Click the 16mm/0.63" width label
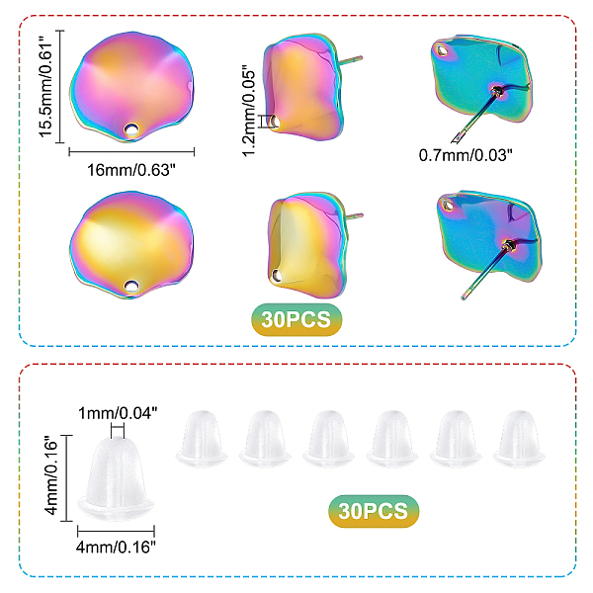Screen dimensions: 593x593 coord(131,170)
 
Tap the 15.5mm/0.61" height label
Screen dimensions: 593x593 coord(45,88)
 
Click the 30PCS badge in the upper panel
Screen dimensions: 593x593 coord(296,319)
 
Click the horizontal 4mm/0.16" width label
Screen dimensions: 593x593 coord(118,542)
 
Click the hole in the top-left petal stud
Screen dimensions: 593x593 coord(130,128)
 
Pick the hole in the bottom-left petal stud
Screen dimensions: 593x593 coord(130,287)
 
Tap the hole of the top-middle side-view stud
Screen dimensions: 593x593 coord(277,121)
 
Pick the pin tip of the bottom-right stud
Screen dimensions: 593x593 coord(464,295)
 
